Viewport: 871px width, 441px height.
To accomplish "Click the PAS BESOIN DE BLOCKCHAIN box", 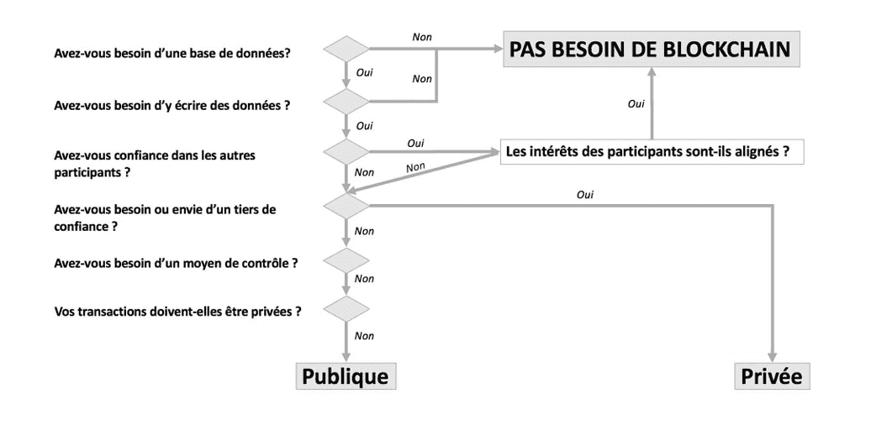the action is [652, 49].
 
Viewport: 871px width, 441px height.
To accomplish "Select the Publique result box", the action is [346, 376].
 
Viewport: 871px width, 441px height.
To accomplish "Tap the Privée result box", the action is [772, 376].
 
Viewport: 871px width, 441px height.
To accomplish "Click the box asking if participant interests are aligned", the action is [652, 151].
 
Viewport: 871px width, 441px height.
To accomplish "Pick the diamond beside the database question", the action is [346, 49].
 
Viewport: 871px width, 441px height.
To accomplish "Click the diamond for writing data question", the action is [346, 102].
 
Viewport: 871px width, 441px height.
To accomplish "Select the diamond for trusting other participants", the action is [346, 151].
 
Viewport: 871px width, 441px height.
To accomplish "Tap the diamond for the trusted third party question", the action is [346, 205].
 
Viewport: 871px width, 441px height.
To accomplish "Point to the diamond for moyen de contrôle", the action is [346, 260].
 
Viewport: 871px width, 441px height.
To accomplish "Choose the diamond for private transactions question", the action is [346, 308].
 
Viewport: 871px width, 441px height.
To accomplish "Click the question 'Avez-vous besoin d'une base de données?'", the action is [172, 54].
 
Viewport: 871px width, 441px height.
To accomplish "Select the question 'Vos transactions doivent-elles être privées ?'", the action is [177, 311].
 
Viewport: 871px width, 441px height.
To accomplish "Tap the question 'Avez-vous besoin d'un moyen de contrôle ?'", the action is [176, 263].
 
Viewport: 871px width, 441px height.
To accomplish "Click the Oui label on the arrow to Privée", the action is [585, 195].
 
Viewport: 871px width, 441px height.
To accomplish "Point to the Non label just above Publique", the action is [364, 336].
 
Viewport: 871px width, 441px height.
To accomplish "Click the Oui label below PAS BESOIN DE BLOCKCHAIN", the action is [636, 103].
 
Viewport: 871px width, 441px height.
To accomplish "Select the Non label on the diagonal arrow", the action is [415, 167].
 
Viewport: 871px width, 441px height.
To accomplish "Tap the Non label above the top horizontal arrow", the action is [422, 37].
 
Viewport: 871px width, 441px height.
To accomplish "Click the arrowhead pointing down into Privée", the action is [772, 358].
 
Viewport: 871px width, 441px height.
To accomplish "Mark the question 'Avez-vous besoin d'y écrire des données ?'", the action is [172, 105].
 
